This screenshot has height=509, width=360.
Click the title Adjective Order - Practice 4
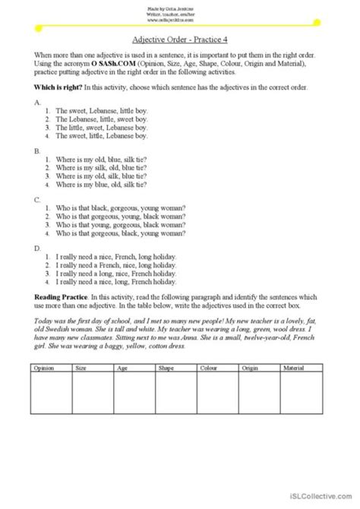click(180, 44)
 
